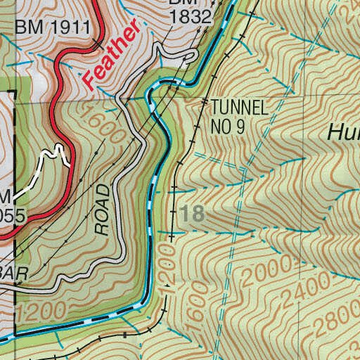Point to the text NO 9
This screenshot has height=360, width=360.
(x=229, y=127)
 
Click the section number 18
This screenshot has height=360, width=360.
(x=192, y=214)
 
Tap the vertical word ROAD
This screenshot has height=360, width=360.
(x=103, y=209)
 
